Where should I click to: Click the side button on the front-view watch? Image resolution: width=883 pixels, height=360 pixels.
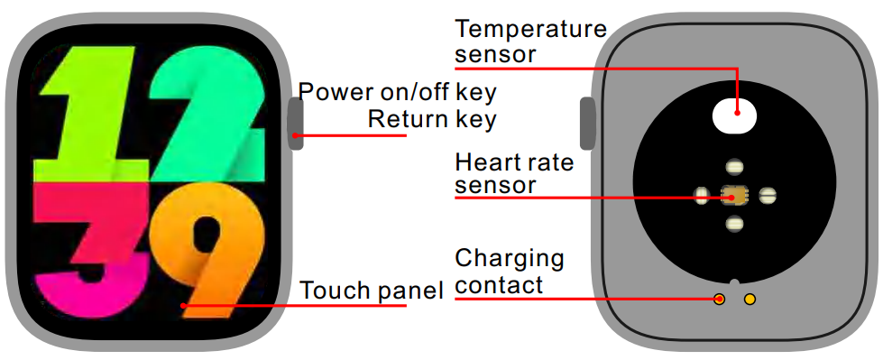coord(296,124)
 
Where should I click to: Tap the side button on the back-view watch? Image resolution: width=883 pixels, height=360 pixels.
coord(587,124)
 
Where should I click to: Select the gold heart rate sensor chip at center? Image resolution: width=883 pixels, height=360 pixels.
coord(734,194)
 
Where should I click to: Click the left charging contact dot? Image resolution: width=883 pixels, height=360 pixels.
coord(720,299)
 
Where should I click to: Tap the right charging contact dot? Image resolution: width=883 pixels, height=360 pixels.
coord(750,299)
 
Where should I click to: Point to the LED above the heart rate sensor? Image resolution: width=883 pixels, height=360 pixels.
coord(734,166)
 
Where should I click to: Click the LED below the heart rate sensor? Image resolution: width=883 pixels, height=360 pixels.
coord(734,223)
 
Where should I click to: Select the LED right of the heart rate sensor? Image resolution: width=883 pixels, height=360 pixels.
coord(767,194)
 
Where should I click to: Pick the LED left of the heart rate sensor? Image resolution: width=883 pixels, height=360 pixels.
coord(702,194)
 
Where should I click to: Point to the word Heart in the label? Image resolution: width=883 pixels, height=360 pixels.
coord(485,163)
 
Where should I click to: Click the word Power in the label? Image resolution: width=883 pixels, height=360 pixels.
coord(332,92)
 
